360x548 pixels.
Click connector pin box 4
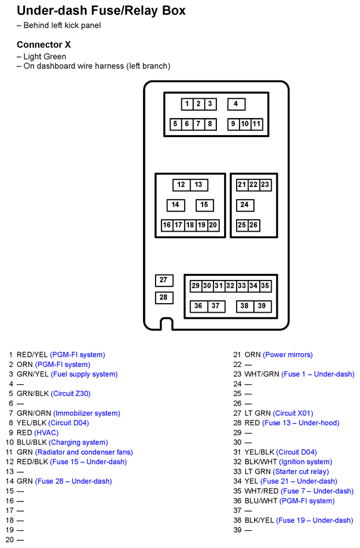point(236,104)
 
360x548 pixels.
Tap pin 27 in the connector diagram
point(164,280)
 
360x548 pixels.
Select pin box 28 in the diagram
point(164,297)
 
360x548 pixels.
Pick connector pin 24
point(244,205)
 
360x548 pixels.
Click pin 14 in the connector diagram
point(175,205)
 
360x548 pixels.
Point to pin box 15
point(204,205)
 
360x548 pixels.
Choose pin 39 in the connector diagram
point(262,306)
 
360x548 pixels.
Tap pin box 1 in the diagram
point(187,104)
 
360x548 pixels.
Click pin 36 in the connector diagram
point(198,306)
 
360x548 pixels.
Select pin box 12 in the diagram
point(181,185)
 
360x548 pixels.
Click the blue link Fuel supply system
point(85,374)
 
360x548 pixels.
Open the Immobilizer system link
point(86,413)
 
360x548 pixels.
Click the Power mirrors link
point(287,354)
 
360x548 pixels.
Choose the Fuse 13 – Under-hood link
point(300,423)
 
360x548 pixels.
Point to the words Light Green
point(45,57)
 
